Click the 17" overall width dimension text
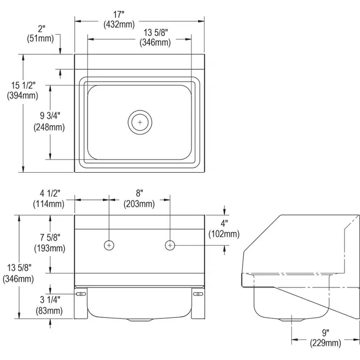point(140,14)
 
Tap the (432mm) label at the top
point(140,24)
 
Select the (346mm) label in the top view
point(155,42)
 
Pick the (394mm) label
point(22,96)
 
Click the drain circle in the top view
point(140,122)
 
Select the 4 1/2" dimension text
point(50,194)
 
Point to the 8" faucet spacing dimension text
point(139,194)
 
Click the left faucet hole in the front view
point(109,245)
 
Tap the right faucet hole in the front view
point(170,245)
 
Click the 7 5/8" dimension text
point(50,237)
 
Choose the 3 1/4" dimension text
point(49,300)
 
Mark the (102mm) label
point(225,234)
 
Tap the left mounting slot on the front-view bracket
point(81,294)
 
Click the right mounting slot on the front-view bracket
point(197,294)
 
